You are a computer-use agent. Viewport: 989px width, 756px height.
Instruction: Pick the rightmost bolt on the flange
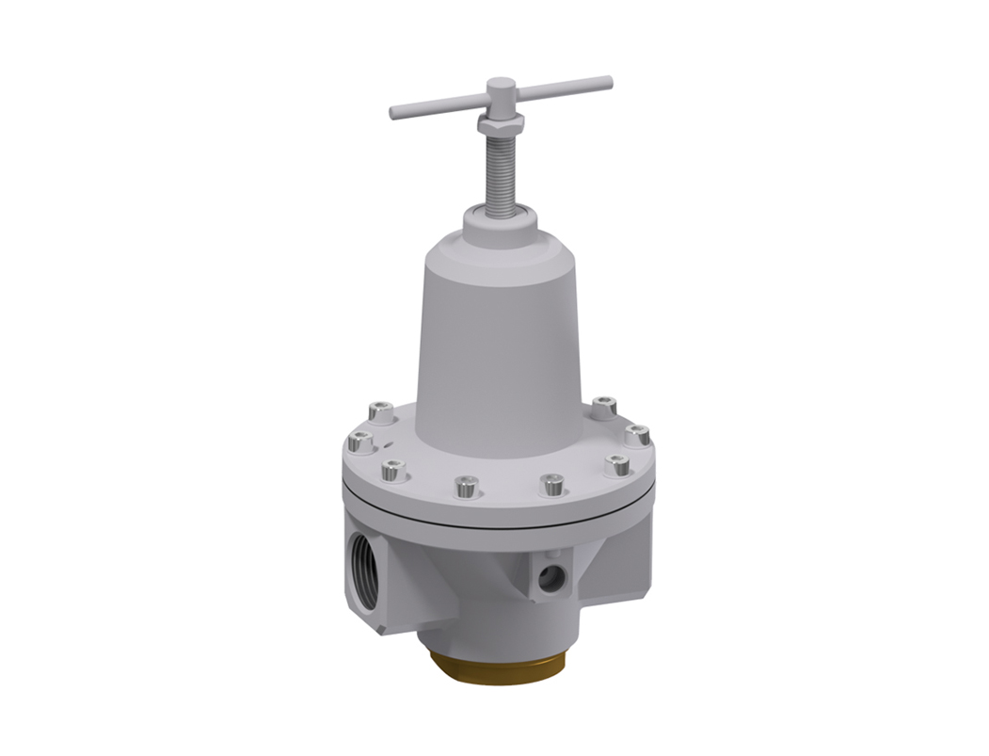[638, 434]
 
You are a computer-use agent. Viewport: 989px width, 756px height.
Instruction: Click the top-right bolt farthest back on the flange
[606, 406]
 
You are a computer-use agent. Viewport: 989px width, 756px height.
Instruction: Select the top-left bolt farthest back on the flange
[379, 411]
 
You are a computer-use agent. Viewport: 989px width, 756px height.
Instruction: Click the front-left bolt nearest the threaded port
[394, 468]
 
